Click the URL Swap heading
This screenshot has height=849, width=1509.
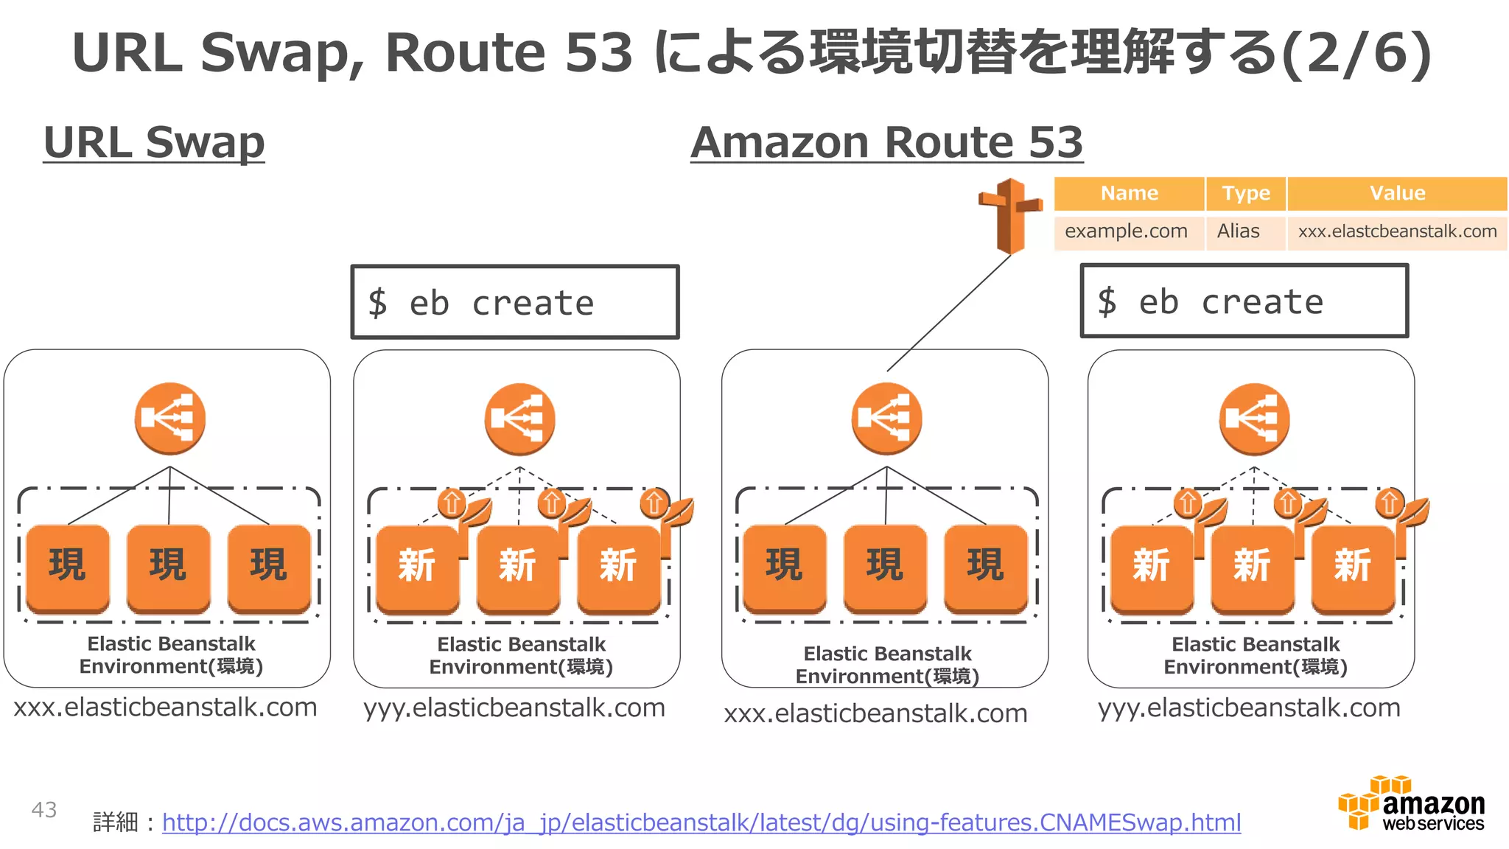pyautogui.click(x=154, y=142)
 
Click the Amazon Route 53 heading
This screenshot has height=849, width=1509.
pyautogui.click(x=886, y=142)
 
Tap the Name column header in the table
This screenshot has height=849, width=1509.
pyautogui.click(x=1129, y=194)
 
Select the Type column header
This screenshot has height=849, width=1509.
pyautogui.click(x=1246, y=194)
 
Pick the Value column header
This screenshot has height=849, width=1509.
pyautogui.click(x=1397, y=194)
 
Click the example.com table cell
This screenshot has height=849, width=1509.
pyautogui.click(x=1126, y=231)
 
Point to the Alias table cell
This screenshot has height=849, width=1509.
pyautogui.click(x=1239, y=231)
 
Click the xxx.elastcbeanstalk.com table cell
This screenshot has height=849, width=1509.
pyautogui.click(x=1397, y=231)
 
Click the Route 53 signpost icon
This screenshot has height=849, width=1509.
pyautogui.click(x=1009, y=215)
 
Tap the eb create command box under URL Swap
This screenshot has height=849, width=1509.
pyautogui.click(x=514, y=302)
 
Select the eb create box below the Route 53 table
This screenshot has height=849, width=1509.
pyautogui.click(x=1244, y=301)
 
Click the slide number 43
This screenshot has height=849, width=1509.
pyautogui.click(x=44, y=810)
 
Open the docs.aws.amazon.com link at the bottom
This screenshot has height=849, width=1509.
pyautogui.click(x=701, y=822)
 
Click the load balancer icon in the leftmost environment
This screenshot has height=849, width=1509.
pyautogui.click(x=169, y=419)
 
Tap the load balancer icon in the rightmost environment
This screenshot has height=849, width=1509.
pyautogui.click(x=1254, y=419)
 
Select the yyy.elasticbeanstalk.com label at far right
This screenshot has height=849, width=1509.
pyautogui.click(x=1249, y=708)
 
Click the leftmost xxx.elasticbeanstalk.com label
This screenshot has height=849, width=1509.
pyautogui.click(x=165, y=707)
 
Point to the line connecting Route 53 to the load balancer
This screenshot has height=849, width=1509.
pyautogui.click(x=949, y=312)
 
